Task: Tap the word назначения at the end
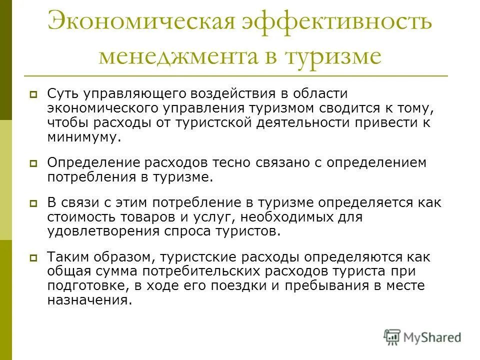(88, 300)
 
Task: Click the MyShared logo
(422, 337)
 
